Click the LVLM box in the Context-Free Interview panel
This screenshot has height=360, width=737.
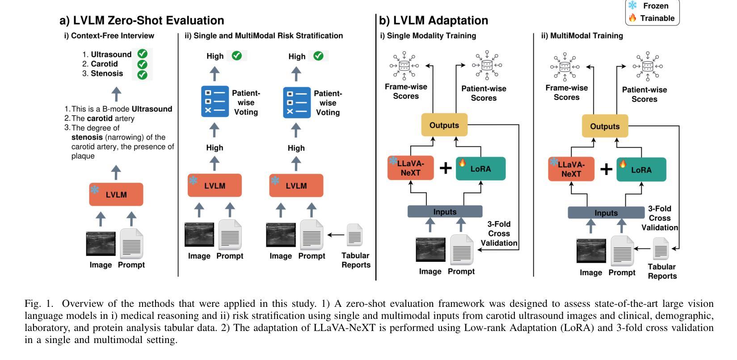pos(116,194)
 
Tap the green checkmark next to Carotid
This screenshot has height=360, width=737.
pos(142,64)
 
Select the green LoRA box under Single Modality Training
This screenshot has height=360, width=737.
pos(480,169)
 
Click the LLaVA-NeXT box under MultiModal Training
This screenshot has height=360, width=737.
pos(571,169)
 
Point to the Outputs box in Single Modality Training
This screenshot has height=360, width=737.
pos(444,125)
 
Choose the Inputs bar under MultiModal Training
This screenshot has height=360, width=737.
pos(606,213)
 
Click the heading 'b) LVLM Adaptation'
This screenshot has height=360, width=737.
pos(434,21)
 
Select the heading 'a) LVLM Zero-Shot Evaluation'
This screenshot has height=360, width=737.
pos(142,21)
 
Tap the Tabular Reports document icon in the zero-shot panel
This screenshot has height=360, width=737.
pos(355,235)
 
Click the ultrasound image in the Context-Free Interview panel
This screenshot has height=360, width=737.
pos(101,244)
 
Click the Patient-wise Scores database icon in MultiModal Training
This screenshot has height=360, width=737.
pos(648,67)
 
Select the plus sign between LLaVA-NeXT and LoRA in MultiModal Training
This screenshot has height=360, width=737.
pos(606,169)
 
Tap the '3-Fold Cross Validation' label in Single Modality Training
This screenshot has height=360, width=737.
pos(499,234)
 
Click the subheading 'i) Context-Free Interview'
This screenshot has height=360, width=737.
pos(109,36)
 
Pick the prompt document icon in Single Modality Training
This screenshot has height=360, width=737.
pos(461,250)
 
